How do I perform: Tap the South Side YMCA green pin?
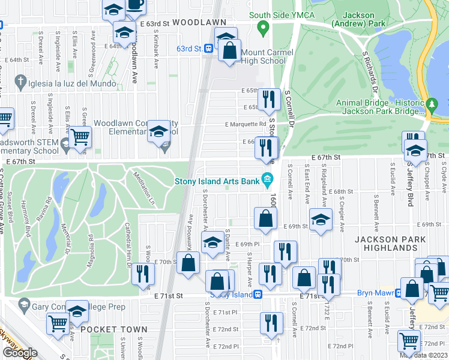coord(262,28)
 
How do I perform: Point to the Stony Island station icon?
coord(258,294)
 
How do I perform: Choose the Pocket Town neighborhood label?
coord(113,329)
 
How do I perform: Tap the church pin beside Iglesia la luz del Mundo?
coord(20,80)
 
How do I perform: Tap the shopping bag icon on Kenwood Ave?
coord(188,262)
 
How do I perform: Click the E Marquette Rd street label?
coord(246,124)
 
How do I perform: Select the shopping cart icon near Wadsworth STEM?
coord(79,137)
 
